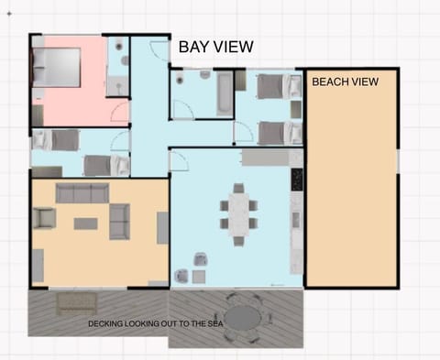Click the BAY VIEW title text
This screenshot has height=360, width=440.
click(215, 47)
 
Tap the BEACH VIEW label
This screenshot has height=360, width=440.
click(345, 82)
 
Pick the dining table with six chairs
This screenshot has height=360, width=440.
click(238, 213)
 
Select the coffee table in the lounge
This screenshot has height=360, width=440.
click(85, 223)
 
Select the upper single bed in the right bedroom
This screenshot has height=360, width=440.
click(277, 87)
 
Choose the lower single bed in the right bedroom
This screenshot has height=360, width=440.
click(277, 132)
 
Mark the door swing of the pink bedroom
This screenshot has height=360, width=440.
click(119, 112)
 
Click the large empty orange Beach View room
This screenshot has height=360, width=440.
click(351, 183)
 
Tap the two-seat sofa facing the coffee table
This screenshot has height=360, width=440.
click(118, 222)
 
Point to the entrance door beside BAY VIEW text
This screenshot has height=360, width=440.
click(159, 50)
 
